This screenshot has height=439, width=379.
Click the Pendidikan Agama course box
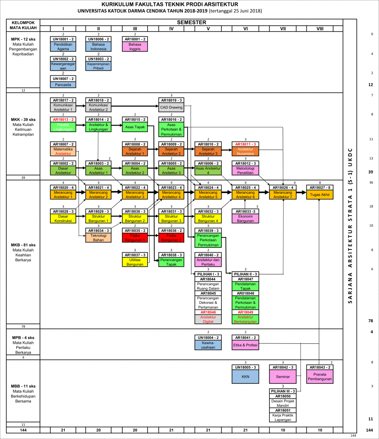(x=63, y=46)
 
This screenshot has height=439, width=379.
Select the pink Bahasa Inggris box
(x=135, y=46)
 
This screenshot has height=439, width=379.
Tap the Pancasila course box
(x=63, y=85)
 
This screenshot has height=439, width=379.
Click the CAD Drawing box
(x=171, y=108)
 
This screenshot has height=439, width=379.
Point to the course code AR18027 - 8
(x=319, y=187)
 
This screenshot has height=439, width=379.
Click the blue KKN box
(x=246, y=377)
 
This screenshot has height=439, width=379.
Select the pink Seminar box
(x=282, y=377)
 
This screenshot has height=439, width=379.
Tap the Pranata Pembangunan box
(x=319, y=377)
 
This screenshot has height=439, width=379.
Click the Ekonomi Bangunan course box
(x=246, y=219)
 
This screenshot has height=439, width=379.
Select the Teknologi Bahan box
(x=99, y=238)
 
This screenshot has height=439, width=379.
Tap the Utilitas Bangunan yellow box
(x=135, y=262)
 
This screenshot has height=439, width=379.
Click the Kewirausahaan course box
(x=208, y=345)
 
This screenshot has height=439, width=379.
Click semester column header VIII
(x=319, y=28)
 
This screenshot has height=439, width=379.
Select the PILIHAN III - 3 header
(x=282, y=391)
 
